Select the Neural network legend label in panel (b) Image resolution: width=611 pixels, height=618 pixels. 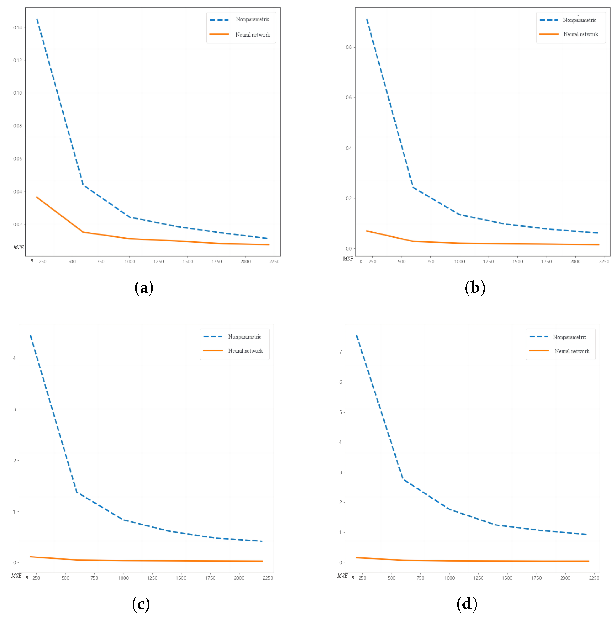coord(580,34)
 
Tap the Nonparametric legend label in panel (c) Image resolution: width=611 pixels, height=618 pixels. coord(244,337)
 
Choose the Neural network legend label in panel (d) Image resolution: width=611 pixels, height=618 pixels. coord(572,351)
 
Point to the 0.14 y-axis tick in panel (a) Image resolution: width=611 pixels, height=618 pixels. coord(18,27)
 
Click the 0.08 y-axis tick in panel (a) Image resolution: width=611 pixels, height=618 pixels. coord(18,126)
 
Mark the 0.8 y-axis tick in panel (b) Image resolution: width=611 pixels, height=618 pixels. coord(348,47)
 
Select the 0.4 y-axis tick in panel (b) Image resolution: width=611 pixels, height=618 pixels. coord(348,148)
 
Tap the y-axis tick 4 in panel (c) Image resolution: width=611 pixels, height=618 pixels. coord(14,358)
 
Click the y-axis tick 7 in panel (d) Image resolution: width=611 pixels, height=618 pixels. coord(340,352)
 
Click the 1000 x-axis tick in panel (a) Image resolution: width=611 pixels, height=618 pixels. coord(130,262)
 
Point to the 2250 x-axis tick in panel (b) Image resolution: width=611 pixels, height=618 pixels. coord(604,262)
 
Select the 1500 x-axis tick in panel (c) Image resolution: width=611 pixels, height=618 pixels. coord(181,578)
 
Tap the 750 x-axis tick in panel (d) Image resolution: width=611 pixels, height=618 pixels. coord(420,578)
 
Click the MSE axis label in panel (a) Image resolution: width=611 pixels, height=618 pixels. coord(19,247)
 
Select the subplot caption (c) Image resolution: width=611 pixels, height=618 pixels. coord(141,604)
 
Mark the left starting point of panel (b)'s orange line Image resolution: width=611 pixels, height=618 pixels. coord(367,231)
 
